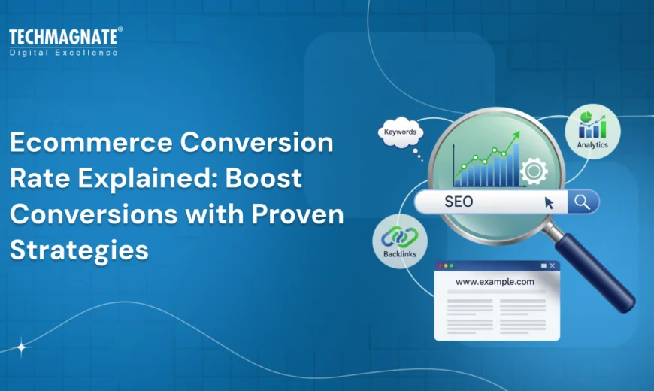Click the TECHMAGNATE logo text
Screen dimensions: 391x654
coord(63,37)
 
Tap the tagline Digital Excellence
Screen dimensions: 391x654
coord(63,53)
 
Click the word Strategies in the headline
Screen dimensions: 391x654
coord(79,250)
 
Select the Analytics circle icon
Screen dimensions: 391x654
coord(592,131)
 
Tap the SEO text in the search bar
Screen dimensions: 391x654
coord(459,202)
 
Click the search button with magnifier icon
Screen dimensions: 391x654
coord(582,202)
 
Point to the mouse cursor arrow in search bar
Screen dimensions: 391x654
coord(549,202)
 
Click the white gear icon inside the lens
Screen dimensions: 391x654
coord(534,171)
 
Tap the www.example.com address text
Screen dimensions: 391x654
coord(495,282)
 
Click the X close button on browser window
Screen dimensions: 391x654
coord(553,265)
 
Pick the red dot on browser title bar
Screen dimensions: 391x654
coord(441,265)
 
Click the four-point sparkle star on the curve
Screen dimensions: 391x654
coord(21,347)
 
